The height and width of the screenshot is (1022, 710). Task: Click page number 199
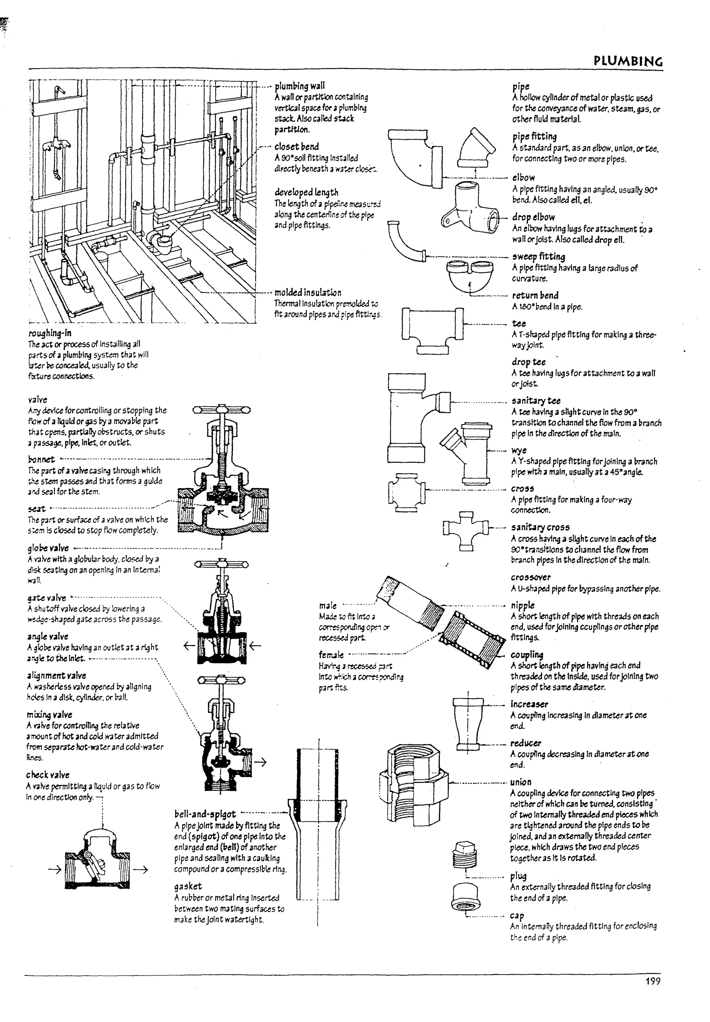click(x=652, y=981)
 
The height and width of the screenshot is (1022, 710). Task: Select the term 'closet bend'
click(x=296, y=147)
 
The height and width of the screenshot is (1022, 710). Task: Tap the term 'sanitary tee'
click(x=536, y=400)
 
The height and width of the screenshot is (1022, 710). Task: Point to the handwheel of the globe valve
click(x=221, y=410)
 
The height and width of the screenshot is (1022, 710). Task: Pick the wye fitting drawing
click(x=467, y=454)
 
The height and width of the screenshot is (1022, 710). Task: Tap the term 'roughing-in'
click(x=50, y=333)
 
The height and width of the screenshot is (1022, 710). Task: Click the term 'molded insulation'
click(x=308, y=292)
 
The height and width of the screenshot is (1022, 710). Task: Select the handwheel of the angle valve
click(x=221, y=680)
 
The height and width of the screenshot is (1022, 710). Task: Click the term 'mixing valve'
click(x=49, y=714)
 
